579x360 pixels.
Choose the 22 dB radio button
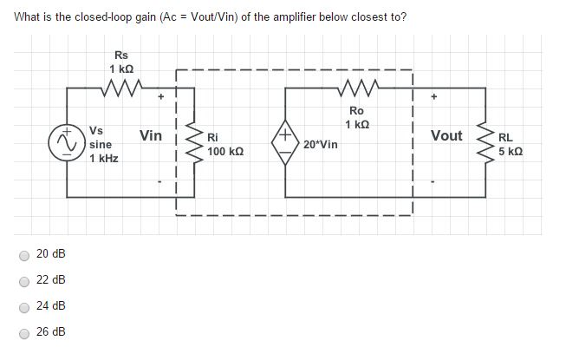point(25,280)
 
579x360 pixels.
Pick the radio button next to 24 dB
point(25,306)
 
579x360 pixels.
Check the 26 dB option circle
point(25,332)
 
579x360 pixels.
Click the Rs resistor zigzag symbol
point(120,87)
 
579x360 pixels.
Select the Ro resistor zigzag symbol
point(356,88)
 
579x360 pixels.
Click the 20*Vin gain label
point(321,144)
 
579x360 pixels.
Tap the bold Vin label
point(151,135)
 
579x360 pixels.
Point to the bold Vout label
point(446,135)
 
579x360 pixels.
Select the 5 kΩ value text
point(511,150)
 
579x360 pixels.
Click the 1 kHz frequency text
point(104,159)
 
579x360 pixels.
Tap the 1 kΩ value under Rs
point(121,69)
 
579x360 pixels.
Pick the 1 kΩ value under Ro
point(357,124)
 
